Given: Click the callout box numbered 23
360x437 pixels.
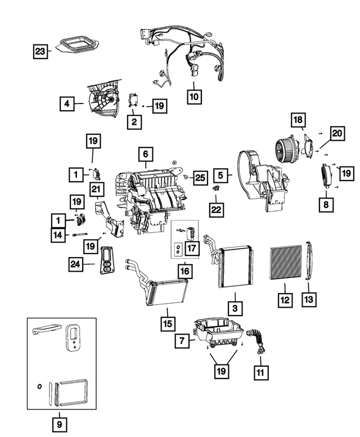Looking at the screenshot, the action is click(40, 51).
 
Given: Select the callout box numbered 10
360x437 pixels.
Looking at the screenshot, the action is click(194, 97).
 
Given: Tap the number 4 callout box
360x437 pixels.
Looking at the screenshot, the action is click(67, 103).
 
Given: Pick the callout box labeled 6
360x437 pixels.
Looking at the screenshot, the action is click(146, 154).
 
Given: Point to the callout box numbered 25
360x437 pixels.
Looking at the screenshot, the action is click(200, 178).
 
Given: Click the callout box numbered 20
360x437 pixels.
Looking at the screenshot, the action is click(337, 133).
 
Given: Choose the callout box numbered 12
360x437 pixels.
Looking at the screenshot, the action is click(285, 300).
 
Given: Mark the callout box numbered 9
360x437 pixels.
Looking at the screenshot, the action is click(60, 425).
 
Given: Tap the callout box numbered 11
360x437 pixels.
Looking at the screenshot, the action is click(261, 373).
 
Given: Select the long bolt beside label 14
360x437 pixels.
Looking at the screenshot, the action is click(80, 235).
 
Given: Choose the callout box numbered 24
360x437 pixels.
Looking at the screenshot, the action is click(75, 264).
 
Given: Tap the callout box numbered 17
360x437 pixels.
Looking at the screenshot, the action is click(192, 248).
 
